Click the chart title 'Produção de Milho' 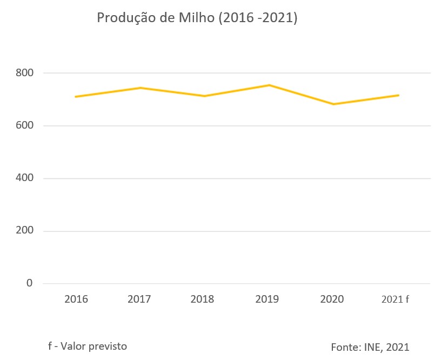click(x=197, y=18)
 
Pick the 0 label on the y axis click(x=29, y=283)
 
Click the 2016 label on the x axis click(x=76, y=299)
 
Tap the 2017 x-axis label click(x=139, y=299)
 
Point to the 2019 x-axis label click(x=268, y=299)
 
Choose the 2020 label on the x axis click(x=332, y=299)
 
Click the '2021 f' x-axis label click(x=395, y=299)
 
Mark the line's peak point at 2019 click(x=269, y=85)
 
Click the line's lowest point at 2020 click(x=333, y=104)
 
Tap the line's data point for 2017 click(x=140, y=88)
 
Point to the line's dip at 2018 click(x=204, y=96)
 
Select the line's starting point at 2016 click(x=76, y=97)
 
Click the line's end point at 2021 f click(x=398, y=95)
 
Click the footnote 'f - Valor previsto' click(x=87, y=346)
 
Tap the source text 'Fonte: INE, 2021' click(x=370, y=347)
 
